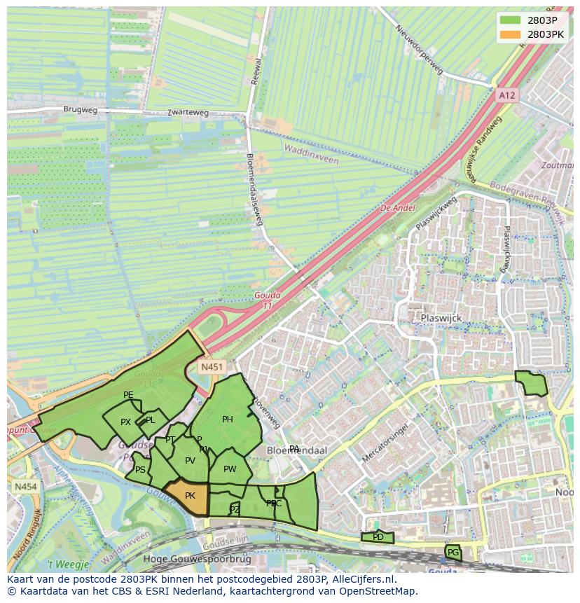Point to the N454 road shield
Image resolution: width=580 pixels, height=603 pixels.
pyautogui.click(x=25, y=486)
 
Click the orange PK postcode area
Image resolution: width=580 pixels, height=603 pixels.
pyautogui.click(x=189, y=497)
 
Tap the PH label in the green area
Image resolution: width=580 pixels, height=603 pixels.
pyautogui.click(x=227, y=420)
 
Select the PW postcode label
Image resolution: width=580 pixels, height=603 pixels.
pyautogui.click(x=230, y=469)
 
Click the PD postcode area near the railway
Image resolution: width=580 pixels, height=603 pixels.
pyautogui.click(x=378, y=537)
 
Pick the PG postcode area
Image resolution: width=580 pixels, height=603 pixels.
pyautogui.click(x=453, y=553)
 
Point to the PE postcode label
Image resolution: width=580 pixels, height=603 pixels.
pyautogui.click(x=128, y=395)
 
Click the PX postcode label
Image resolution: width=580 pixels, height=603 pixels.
pyautogui.click(x=125, y=422)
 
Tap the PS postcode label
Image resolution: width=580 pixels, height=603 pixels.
pyautogui.click(x=141, y=470)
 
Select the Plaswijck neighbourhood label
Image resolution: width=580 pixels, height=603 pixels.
pyautogui.click(x=441, y=317)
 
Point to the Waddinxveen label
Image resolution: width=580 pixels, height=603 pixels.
pyautogui.click(x=310, y=154)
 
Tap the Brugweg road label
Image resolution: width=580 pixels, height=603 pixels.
pyautogui.click(x=81, y=110)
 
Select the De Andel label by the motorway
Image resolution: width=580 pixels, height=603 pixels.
pyautogui.click(x=397, y=208)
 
